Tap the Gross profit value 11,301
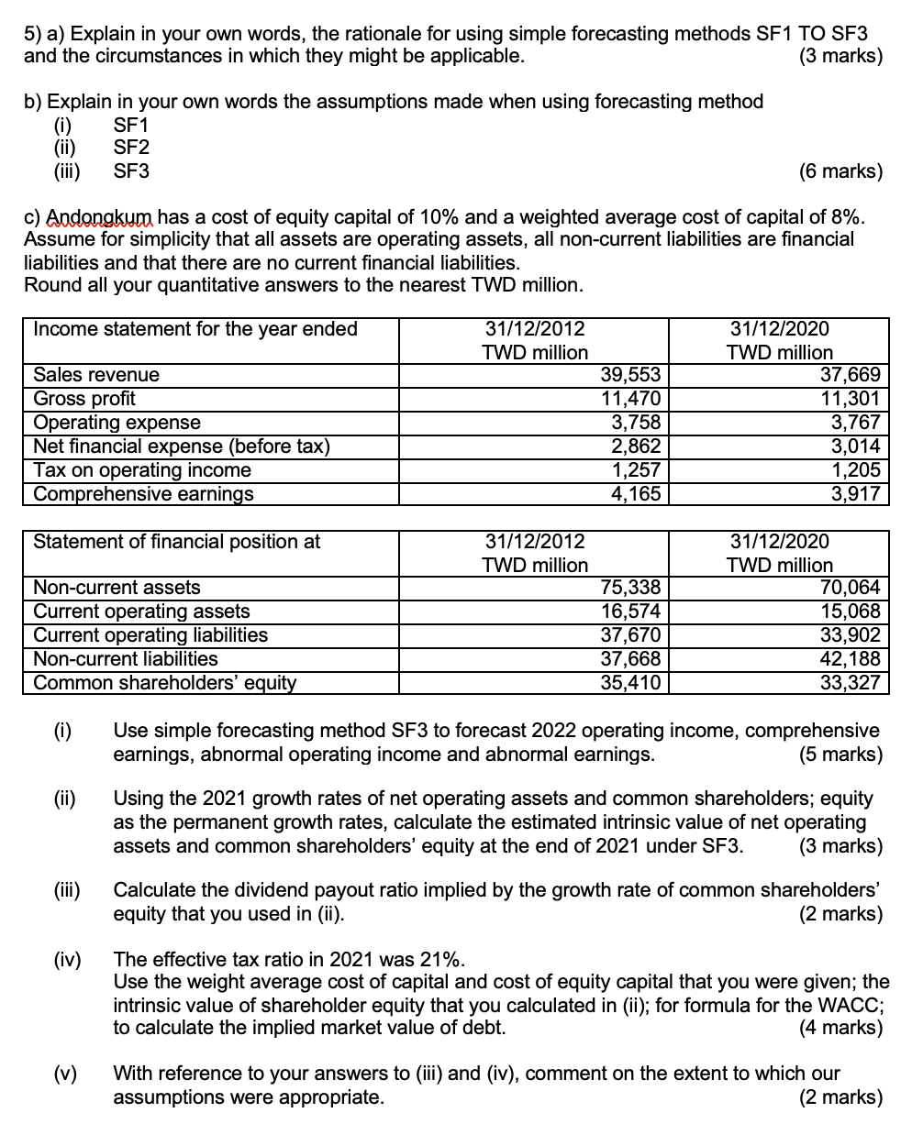(855, 399)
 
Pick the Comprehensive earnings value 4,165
(636, 494)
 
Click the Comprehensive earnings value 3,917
(855, 494)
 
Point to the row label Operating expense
(117, 423)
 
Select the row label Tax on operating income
(142, 470)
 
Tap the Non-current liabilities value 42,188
(855, 659)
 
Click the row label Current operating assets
(141, 612)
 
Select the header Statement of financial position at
(177, 542)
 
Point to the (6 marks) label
(840, 171)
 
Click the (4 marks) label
(840, 1028)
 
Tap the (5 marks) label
(840, 755)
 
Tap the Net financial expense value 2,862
(636, 446)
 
